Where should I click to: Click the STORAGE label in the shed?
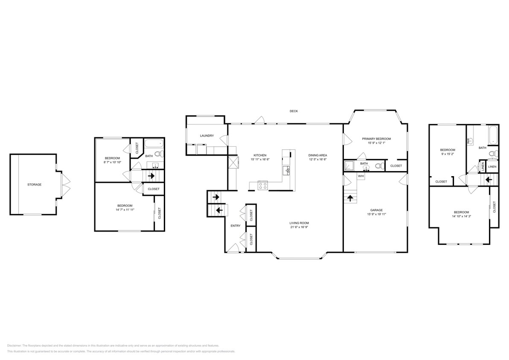pos(35,185)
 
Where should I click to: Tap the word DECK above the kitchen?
pos(294,111)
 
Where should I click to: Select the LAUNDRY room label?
pos(207,136)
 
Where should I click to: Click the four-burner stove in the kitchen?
pos(262,185)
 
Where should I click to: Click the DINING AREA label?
pos(317,155)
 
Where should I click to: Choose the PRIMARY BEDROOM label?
pos(376,139)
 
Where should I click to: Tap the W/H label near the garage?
pos(361,176)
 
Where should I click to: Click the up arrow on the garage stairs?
pos(350,197)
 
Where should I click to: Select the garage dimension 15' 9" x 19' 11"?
pos(376,215)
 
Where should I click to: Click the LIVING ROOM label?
pos(299,223)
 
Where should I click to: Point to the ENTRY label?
pos(236,226)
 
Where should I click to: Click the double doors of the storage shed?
pos(66,185)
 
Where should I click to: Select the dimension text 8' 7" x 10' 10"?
pos(112,163)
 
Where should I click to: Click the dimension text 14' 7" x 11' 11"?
pos(125,210)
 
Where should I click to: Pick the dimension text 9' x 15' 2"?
pos(448,154)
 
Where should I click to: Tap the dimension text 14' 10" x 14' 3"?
pos(461,217)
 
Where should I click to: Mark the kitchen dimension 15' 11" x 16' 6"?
pos(260,160)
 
